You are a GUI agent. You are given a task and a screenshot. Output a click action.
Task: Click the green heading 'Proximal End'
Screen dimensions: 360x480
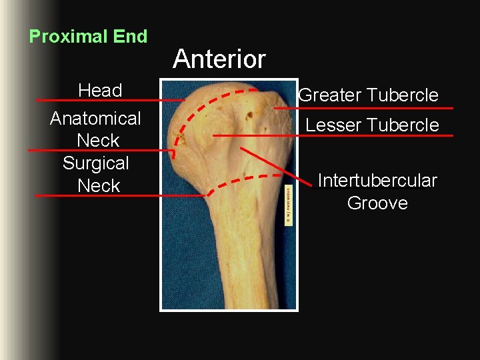coord(88,37)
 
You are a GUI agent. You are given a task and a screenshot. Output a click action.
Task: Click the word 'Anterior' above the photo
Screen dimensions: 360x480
coord(219,59)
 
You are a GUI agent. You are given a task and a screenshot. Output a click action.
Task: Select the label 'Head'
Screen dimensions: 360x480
coord(100,90)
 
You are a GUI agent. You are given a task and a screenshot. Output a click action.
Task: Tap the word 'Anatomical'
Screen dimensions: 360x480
coord(95,119)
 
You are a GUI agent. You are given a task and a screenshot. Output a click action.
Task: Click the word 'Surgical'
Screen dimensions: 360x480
coord(95,163)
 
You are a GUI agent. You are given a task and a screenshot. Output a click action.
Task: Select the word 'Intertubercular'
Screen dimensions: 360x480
coord(377,181)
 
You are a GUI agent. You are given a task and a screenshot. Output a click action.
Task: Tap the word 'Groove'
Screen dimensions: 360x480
coord(377,203)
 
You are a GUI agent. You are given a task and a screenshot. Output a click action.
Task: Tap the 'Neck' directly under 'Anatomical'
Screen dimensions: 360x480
coord(98,141)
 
